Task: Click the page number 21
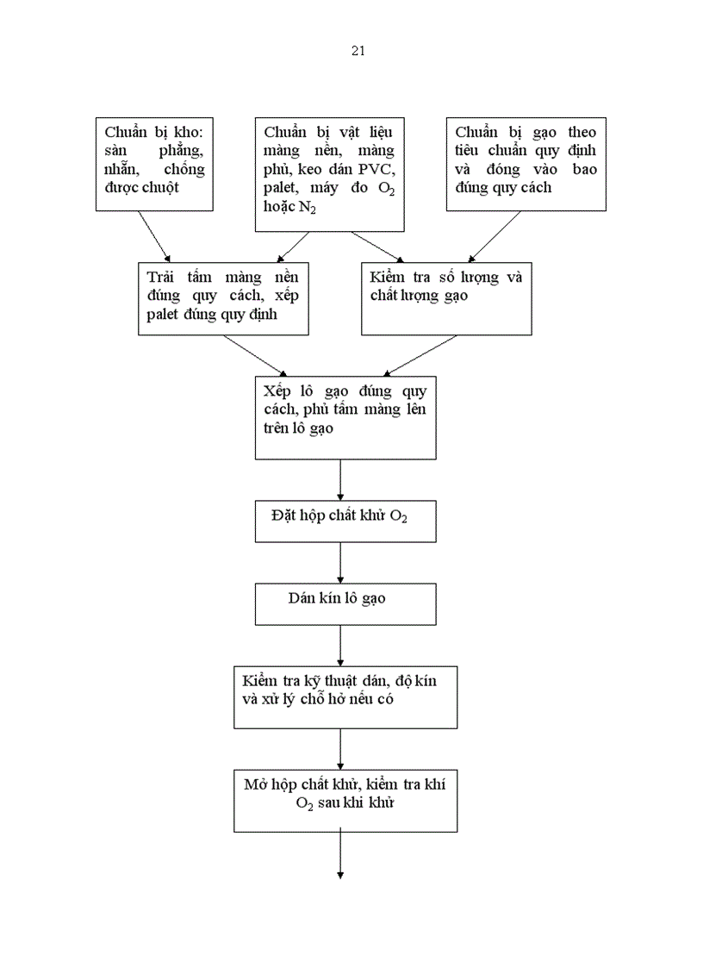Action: coord(358,51)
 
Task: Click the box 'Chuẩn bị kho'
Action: coord(153,163)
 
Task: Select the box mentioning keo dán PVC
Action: coord(330,173)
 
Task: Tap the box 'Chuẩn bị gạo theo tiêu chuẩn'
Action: coord(526,163)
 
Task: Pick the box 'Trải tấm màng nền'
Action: coord(223,298)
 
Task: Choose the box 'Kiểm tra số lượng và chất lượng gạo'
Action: coord(445,298)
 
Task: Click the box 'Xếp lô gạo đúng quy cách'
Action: coord(345,416)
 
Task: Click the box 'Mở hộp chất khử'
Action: coord(345,800)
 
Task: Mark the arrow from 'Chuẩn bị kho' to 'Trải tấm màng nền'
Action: coord(156,235)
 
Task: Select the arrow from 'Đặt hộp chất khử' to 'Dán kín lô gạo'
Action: coord(341,562)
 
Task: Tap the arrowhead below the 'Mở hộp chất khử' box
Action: coord(341,876)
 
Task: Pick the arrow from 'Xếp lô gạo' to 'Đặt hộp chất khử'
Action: coord(341,479)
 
